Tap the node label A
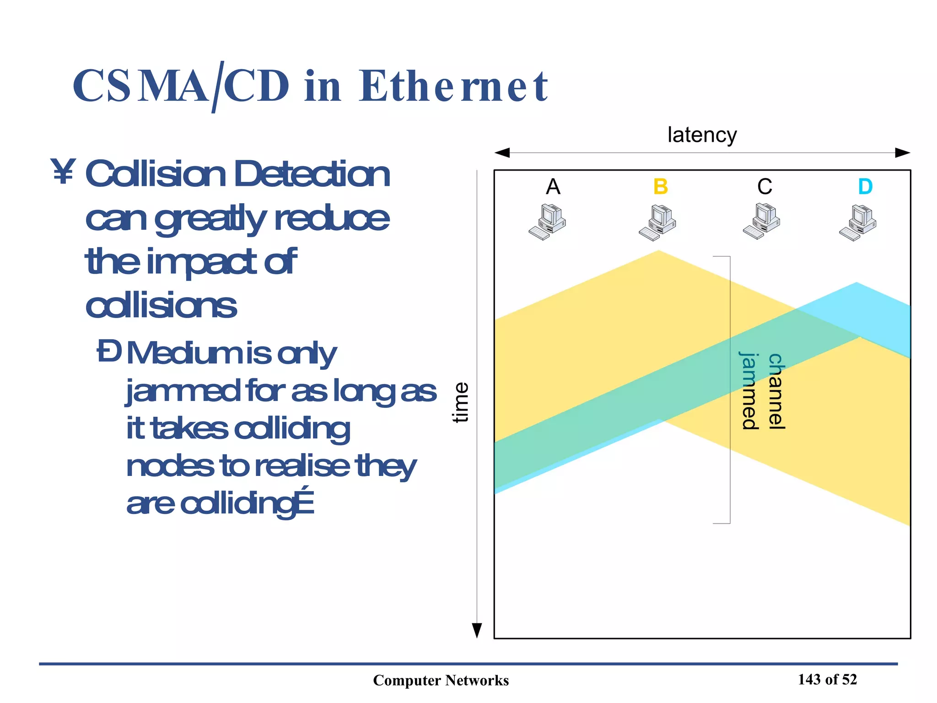[553, 187]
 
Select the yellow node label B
[661, 187]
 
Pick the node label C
[765, 187]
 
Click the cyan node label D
[865, 187]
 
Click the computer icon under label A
[548, 222]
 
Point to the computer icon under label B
[658, 223]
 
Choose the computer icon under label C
[762, 222]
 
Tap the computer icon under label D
[858, 223]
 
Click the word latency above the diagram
[702, 135]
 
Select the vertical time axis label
[461, 402]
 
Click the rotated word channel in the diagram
[776, 391]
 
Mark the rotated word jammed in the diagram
[750, 391]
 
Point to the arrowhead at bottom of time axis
[477, 631]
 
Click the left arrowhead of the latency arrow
[502, 153]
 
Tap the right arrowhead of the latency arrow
[902, 153]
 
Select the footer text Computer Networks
[441, 680]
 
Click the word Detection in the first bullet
[312, 174]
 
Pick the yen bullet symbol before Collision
[63, 172]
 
